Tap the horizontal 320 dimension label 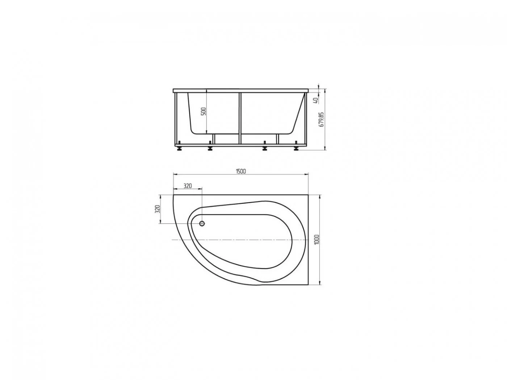[x=187, y=186]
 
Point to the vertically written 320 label [x=157, y=208]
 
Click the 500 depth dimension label [x=203, y=111]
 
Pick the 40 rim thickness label [x=316, y=100]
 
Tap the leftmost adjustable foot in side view [x=179, y=147]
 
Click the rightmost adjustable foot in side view [x=296, y=147]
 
